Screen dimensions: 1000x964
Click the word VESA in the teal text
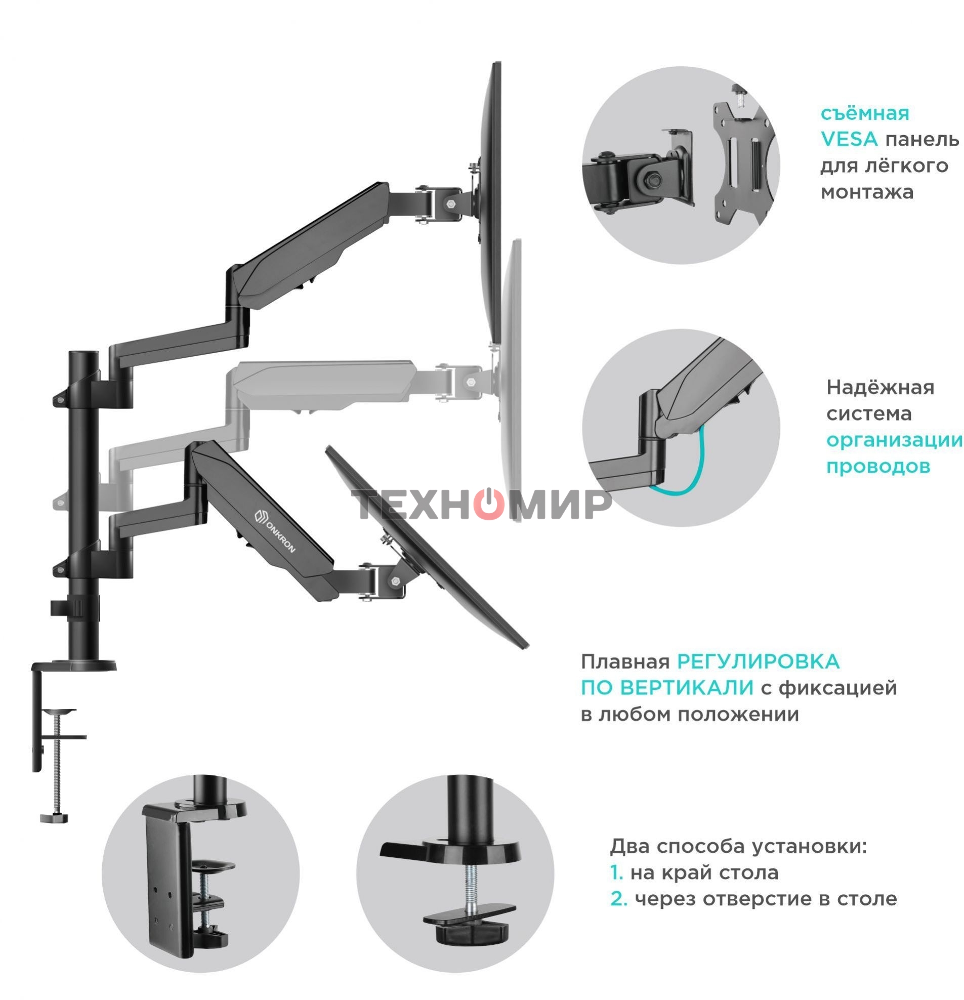[x=848, y=139]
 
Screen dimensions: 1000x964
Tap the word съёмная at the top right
[x=864, y=113]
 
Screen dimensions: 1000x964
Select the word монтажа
[x=866, y=192]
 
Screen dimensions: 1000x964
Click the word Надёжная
[x=880, y=387]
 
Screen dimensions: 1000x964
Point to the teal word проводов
[x=878, y=466]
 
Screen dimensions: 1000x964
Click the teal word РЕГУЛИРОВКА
[x=758, y=662]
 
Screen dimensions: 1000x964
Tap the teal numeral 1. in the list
[x=616, y=872]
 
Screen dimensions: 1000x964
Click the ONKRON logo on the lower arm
[x=274, y=529]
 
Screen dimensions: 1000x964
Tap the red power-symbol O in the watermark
[x=489, y=504]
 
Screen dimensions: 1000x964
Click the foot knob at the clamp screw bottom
[x=54, y=818]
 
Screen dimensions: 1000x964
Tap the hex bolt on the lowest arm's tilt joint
[x=395, y=580]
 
